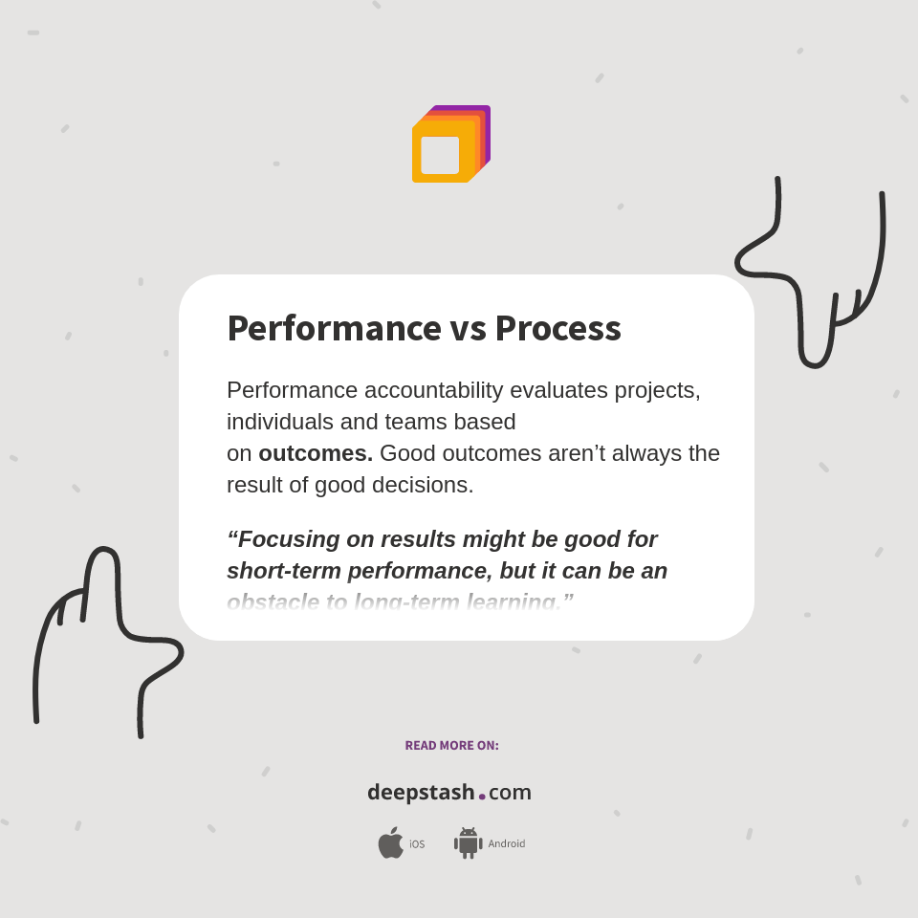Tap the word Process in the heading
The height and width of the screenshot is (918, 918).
[x=557, y=328]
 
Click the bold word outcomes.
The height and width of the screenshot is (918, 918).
[x=316, y=453]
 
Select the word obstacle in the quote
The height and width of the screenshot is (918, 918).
[x=273, y=602]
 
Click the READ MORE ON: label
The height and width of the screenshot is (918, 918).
[x=451, y=746]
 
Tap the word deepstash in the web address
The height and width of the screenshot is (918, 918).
[x=421, y=793]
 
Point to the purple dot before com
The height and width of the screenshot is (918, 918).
[x=482, y=797]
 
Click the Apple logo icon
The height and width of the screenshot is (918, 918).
[x=390, y=842]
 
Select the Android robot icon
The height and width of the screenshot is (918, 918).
[x=468, y=842]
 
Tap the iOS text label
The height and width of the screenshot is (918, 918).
[x=417, y=844]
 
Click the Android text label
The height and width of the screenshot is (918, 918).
[x=506, y=844]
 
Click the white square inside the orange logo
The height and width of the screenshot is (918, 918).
[x=440, y=155]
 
